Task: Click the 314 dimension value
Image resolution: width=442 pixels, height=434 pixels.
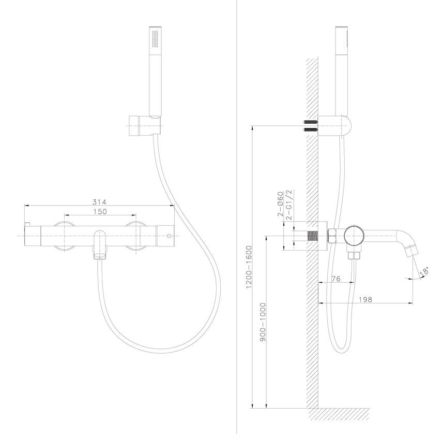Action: point(99,202)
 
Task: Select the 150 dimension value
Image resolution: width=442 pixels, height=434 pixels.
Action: point(100,211)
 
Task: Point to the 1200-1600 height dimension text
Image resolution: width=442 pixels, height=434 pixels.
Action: point(249,267)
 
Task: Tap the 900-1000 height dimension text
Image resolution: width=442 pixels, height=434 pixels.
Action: point(263,322)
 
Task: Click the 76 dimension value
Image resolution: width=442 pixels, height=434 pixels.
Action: point(335,279)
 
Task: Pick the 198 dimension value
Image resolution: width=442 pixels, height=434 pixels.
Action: point(365,299)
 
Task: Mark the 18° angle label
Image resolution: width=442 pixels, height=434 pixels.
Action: point(424,271)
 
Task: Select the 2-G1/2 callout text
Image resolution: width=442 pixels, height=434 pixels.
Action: point(288,205)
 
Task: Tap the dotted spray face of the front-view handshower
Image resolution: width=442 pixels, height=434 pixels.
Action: point(155,39)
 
